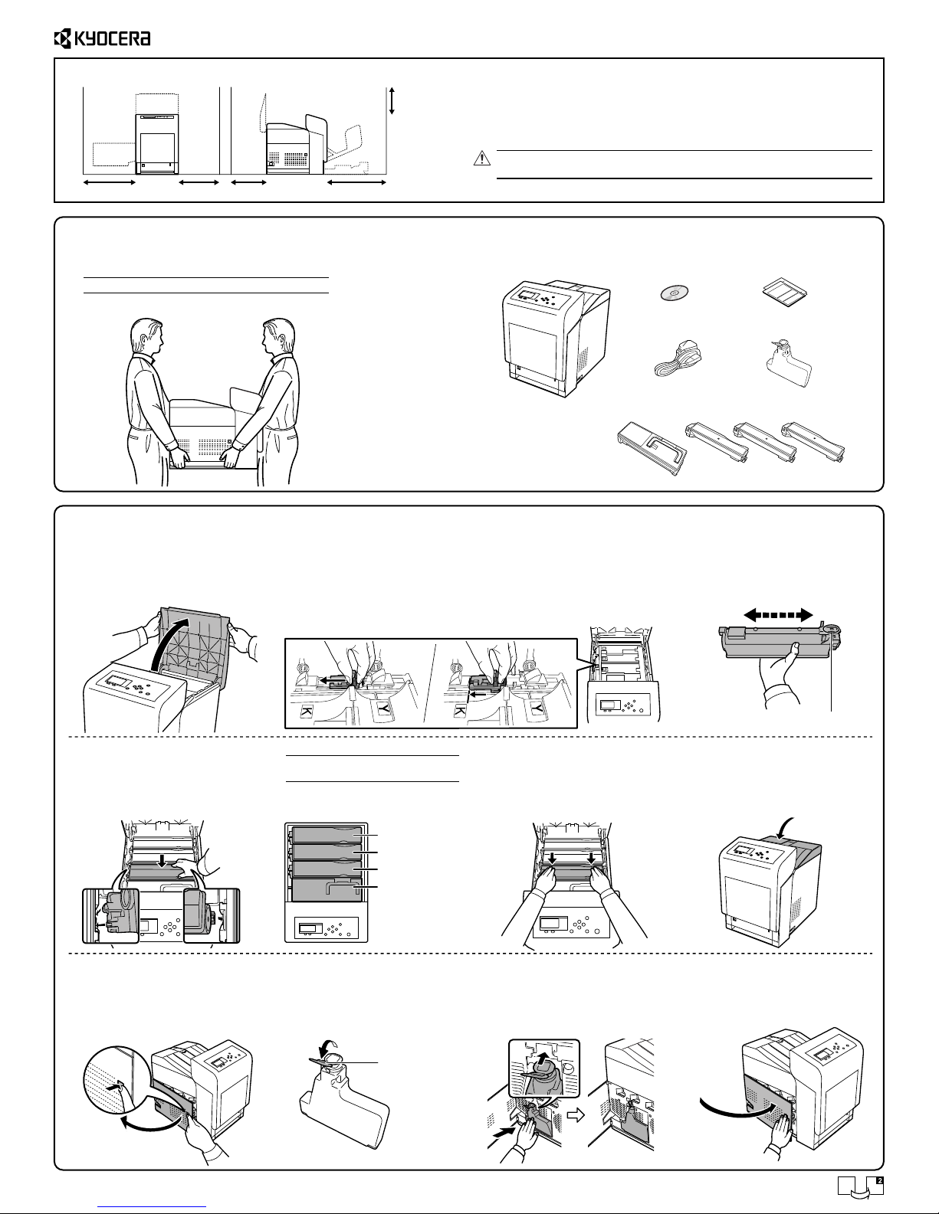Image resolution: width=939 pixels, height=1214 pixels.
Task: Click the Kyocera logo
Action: pos(102,38)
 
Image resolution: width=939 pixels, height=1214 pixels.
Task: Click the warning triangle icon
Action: pos(482,159)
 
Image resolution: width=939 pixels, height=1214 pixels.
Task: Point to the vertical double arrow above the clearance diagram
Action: pos(392,100)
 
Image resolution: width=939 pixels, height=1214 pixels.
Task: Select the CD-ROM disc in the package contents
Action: pos(674,293)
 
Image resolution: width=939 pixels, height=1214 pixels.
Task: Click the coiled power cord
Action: pos(678,358)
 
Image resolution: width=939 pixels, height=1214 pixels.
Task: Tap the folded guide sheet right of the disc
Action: pos(785,292)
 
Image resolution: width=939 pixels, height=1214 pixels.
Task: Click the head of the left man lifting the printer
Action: pos(147,336)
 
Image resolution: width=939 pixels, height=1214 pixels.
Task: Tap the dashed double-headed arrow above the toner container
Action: pos(778,615)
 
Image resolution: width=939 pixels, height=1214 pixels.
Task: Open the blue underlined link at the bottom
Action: pos(152,1207)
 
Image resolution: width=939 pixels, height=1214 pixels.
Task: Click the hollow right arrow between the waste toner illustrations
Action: pos(576,1115)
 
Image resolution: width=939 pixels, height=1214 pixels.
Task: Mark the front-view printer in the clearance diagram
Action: pos(158,142)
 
